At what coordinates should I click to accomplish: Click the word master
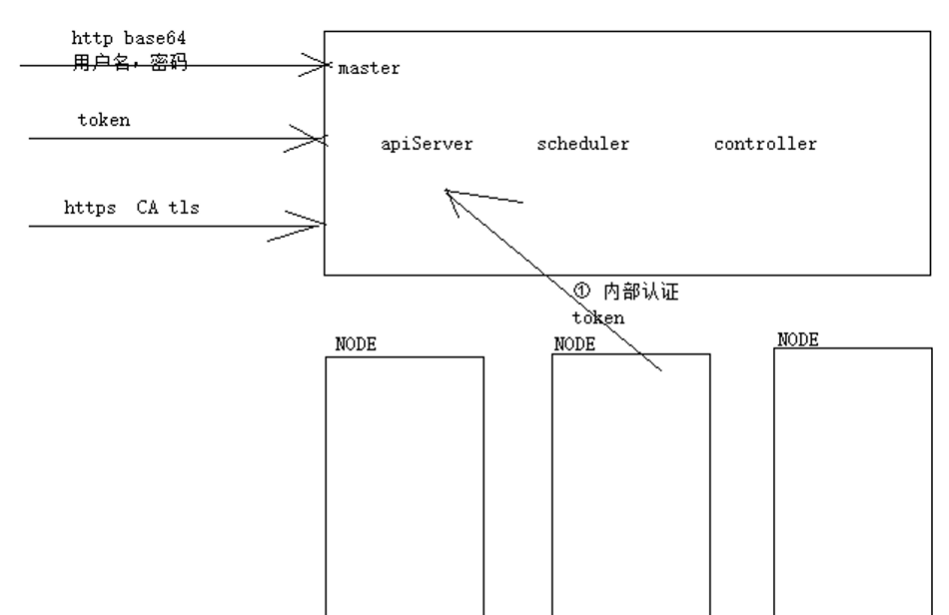[x=370, y=69]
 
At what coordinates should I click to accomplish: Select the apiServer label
[x=427, y=144]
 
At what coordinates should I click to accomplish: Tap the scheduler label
[x=583, y=144]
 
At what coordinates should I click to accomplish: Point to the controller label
[x=765, y=144]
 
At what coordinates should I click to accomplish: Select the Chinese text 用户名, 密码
[x=130, y=62]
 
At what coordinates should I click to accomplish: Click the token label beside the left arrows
[x=104, y=120]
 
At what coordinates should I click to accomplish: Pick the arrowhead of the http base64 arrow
[x=327, y=67]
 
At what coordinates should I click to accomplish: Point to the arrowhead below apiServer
[x=449, y=193]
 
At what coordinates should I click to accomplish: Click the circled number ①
[x=583, y=292]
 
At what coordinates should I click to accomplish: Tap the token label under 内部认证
[x=598, y=317]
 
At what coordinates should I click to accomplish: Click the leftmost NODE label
[x=356, y=345]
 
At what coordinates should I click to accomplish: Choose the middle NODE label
[x=574, y=344]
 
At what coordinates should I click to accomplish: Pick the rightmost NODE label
[x=798, y=339]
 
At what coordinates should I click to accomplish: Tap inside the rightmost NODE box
[x=852, y=479]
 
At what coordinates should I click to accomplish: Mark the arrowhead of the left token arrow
[x=322, y=139]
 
